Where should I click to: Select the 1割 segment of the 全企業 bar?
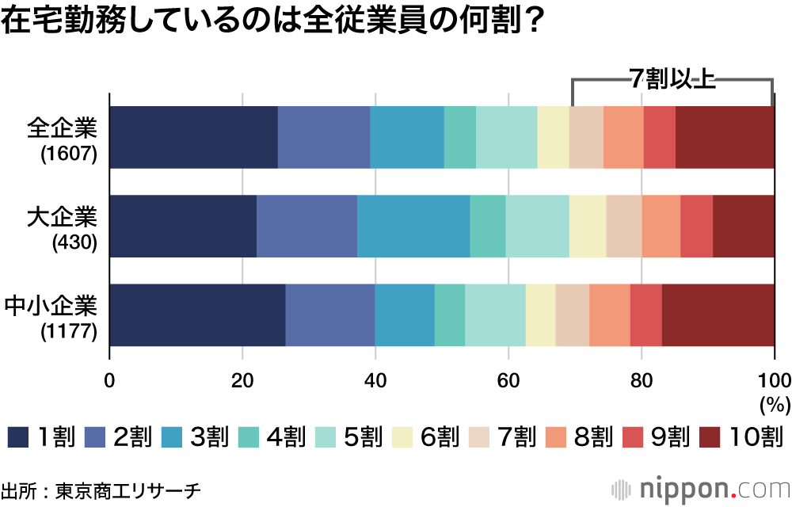[x=193, y=137]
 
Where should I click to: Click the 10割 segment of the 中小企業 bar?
[x=718, y=314]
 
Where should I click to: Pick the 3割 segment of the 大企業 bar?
[x=413, y=226]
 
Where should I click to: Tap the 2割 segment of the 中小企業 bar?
[x=329, y=314]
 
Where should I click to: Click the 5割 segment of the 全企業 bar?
[x=506, y=137]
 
